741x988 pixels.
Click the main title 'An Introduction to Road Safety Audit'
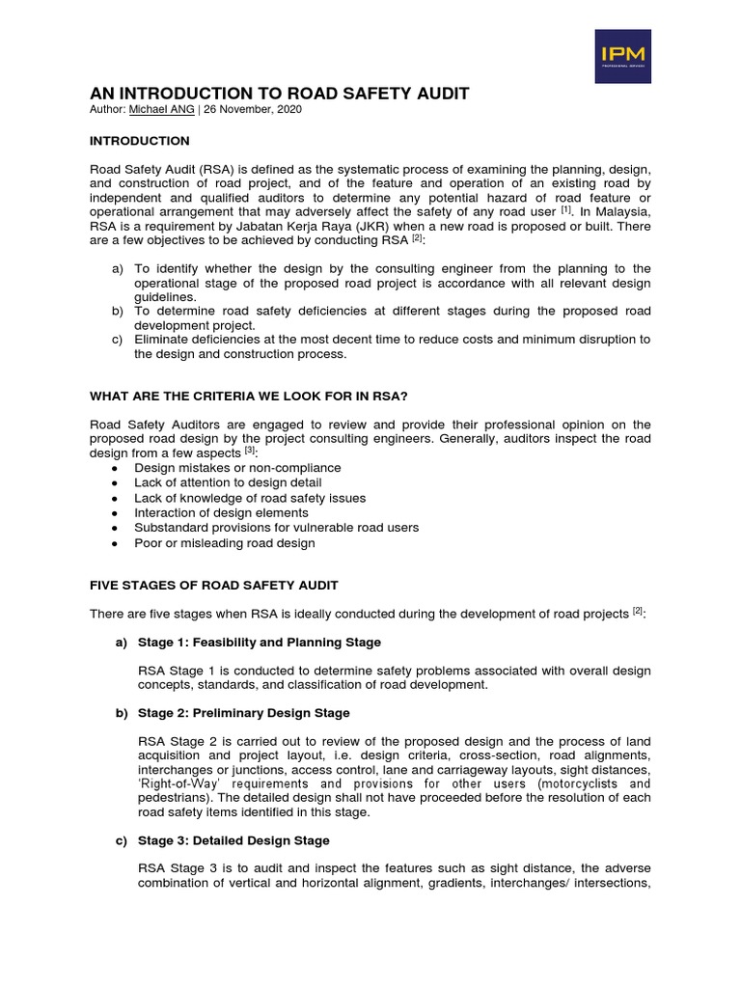click(x=280, y=94)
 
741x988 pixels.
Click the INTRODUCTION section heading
click(x=140, y=141)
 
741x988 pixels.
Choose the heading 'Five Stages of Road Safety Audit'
click(x=214, y=586)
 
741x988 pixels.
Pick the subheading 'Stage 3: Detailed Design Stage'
click(x=234, y=840)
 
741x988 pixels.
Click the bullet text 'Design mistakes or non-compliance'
click(x=237, y=468)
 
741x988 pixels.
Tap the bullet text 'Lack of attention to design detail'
click(x=228, y=482)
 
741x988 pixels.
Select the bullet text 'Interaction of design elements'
click(x=222, y=513)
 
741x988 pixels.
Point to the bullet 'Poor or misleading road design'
click(x=225, y=543)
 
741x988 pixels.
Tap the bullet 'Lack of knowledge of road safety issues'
click(x=250, y=498)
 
